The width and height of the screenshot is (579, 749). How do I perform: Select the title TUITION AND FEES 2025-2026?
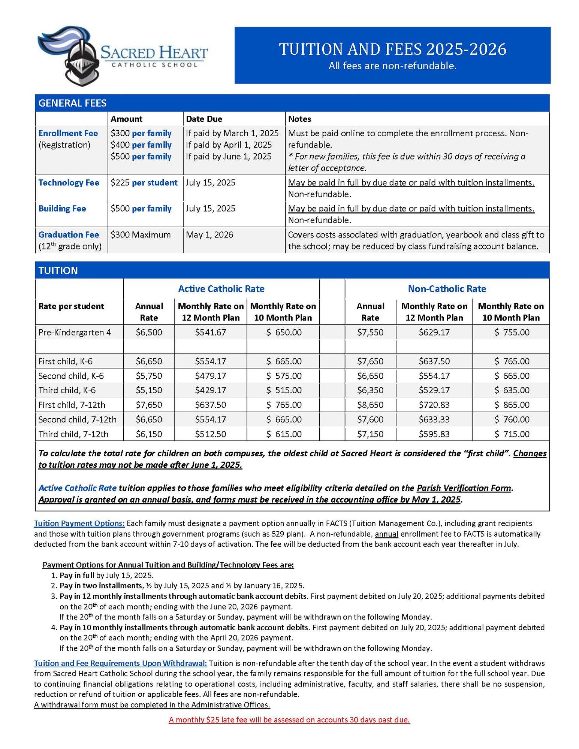tap(392, 49)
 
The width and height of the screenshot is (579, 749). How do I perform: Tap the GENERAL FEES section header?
tap(72, 103)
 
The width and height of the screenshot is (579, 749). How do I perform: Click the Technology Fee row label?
tap(69, 183)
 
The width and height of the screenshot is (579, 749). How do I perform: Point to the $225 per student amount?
tap(144, 183)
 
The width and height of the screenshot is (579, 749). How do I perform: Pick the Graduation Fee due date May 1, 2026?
tap(209, 235)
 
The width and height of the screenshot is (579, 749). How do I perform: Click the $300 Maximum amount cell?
tap(141, 235)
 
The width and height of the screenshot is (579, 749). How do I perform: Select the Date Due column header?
tap(204, 119)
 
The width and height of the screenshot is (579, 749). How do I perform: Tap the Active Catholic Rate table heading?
tap(221, 289)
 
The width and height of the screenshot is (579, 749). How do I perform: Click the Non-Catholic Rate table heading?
tap(447, 289)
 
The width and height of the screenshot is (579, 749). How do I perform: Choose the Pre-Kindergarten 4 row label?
tap(75, 332)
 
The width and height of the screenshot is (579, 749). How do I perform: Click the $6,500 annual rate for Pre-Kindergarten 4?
tap(149, 332)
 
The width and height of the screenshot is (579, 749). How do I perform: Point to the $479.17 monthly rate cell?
tap(210, 376)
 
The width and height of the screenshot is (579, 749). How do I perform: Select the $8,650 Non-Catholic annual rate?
tap(370, 405)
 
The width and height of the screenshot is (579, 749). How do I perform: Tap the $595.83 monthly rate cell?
tap(434, 434)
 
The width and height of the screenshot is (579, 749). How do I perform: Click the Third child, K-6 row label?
tap(67, 390)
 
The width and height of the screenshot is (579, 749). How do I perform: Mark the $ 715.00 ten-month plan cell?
tap(512, 434)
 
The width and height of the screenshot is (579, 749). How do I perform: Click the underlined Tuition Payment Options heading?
tap(79, 523)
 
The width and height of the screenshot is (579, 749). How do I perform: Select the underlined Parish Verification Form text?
tap(464, 488)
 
